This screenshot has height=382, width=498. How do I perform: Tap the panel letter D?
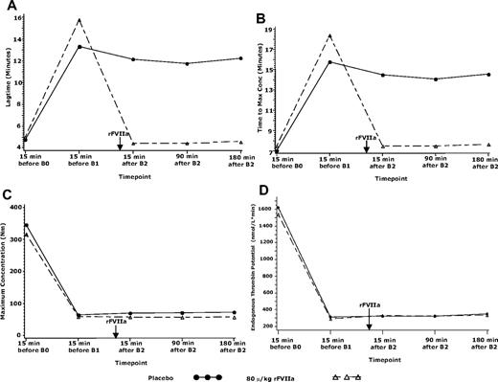(x=260, y=195)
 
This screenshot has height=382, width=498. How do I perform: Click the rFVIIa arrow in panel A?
(x=119, y=143)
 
